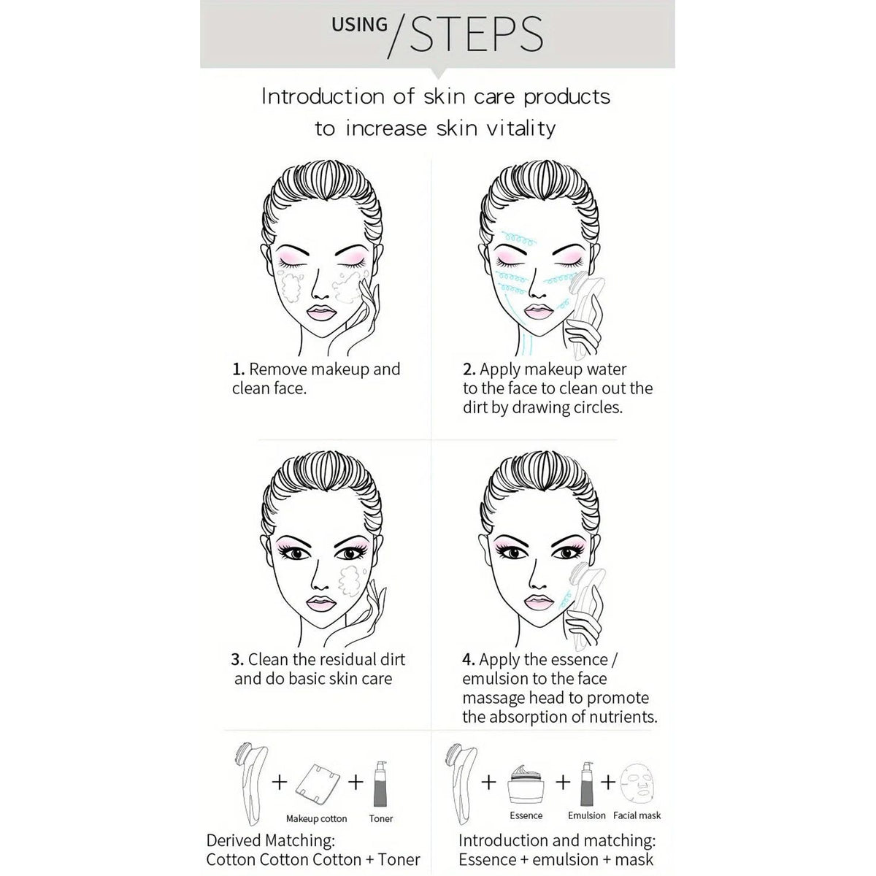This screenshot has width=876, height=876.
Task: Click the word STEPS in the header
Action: (477, 34)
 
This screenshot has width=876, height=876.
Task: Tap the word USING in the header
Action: (360, 25)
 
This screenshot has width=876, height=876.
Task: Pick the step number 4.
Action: (469, 659)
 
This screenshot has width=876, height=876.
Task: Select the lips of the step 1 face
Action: (321, 312)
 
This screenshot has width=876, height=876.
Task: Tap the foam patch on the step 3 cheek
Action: (350, 581)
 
